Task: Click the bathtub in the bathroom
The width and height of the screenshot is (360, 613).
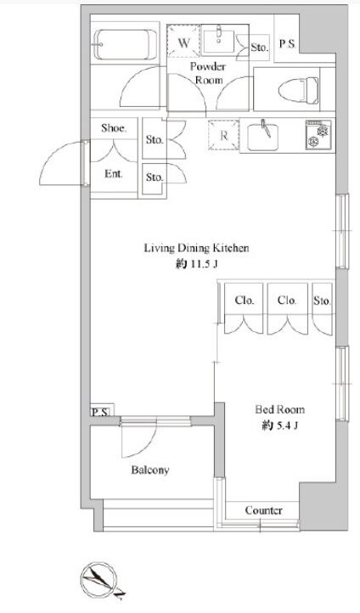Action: click(126, 44)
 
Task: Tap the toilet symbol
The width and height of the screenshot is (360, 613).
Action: click(298, 90)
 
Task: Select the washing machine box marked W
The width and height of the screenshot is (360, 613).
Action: click(183, 42)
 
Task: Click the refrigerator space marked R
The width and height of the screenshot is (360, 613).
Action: click(223, 135)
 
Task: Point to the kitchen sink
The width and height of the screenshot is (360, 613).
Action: click(263, 137)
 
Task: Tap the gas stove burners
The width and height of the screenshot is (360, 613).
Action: click(318, 133)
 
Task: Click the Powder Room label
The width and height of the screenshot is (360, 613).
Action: click(208, 73)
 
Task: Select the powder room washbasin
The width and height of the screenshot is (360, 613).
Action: click(218, 39)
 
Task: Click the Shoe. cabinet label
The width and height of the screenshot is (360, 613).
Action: click(114, 128)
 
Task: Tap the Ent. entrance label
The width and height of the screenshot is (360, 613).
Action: click(114, 173)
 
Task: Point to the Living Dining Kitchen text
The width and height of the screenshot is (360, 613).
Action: click(197, 248)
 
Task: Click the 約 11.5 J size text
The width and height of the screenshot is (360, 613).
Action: click(196, 265)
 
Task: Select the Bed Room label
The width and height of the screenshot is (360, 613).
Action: click(280, 409)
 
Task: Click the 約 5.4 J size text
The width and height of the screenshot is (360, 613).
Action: click(280, 425)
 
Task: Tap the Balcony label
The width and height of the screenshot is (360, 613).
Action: click(150, 470)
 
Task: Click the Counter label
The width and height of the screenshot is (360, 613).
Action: click(264, 510)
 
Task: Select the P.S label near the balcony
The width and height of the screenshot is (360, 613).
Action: click(101, 412)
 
